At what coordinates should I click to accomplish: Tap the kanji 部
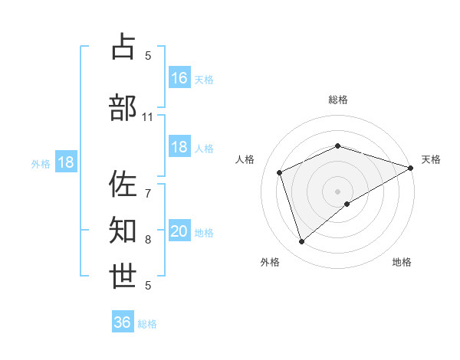pos(123,107)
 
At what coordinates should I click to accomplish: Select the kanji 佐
pos(123,184)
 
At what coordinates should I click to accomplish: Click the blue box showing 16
pos(179,78)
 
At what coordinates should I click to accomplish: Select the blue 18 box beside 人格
pos(179,148)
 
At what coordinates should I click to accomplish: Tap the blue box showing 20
pos(179,232)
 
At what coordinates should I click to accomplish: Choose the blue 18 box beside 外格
pos(66,162)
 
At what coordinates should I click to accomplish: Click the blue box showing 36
pos(123,322)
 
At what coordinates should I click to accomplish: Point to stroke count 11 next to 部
pos(148,117)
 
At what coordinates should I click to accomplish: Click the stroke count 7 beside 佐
pos(147,186)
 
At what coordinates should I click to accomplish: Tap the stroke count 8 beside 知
pos(148,240)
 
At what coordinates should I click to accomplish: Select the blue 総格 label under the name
pos(148,324)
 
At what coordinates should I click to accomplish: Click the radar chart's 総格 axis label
pos(338,100)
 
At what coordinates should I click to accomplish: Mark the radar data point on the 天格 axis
pos(411,168)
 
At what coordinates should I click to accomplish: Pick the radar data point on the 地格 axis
pos(347,204)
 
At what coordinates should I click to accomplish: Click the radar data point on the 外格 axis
pos(301,242)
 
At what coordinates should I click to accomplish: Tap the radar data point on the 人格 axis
pos(280,172)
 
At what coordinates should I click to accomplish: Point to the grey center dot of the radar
pos(338,191)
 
